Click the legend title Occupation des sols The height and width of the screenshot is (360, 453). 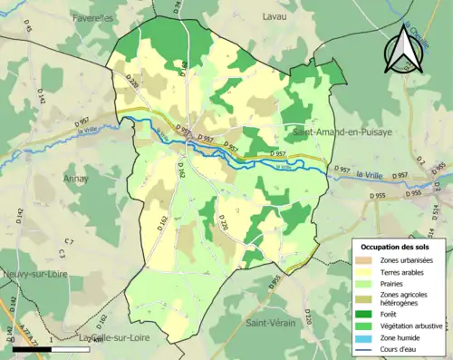point(398,247)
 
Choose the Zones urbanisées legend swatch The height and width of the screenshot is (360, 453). point(368,261)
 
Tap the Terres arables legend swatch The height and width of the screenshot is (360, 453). point(368,271)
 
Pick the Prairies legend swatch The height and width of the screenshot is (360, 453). point(368,281)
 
